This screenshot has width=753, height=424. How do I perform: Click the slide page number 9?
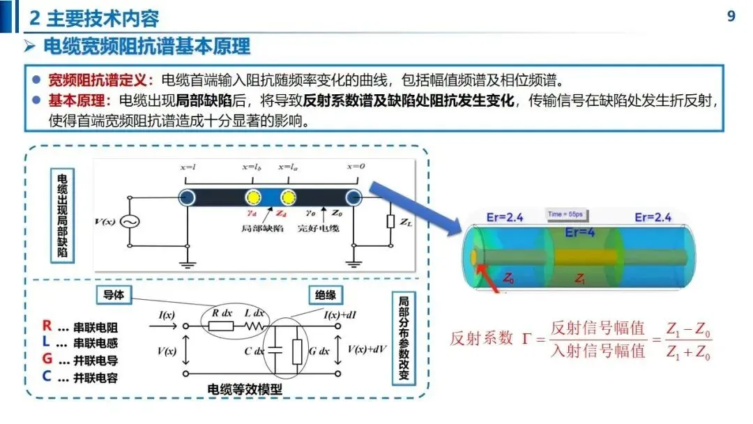pos(731,15)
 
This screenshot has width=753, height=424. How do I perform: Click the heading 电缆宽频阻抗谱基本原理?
pos(146,47)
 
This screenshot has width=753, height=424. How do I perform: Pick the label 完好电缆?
pos(317,228)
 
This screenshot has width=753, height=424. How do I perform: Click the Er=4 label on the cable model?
pos(580,232)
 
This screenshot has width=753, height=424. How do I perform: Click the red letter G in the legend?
pos(47,360)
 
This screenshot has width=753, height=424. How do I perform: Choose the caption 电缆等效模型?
pos(245,389)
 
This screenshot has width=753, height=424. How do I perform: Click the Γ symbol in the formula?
pos(527,340)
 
